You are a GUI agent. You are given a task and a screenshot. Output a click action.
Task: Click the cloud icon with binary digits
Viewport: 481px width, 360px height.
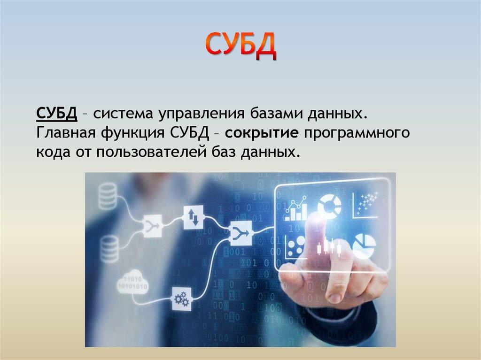(x=133, y=281)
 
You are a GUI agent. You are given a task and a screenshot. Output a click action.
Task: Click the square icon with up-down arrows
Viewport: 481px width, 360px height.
(x=193, y=216)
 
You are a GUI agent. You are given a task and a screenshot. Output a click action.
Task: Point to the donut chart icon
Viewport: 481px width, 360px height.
(x=330, y=205)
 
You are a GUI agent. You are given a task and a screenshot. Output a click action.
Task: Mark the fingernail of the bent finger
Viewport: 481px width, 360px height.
(x=334, y=298)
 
